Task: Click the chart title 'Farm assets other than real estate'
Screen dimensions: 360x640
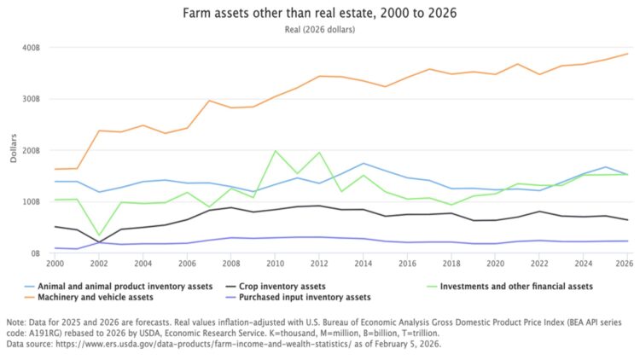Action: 320,15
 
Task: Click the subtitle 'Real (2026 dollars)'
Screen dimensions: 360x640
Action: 320,30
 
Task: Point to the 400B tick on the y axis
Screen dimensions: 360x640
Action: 30,47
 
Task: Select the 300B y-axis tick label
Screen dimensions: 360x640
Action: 30,99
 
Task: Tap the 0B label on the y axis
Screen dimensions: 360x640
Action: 33,253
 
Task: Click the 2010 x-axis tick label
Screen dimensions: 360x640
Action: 275,264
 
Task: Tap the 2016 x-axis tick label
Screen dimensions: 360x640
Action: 407,264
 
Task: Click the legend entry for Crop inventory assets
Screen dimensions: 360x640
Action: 282,286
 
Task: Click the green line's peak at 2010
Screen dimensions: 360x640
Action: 275,151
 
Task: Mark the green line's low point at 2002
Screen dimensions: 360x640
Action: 99,235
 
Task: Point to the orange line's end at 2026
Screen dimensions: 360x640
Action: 627,54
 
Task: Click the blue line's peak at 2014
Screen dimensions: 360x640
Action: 363,163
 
